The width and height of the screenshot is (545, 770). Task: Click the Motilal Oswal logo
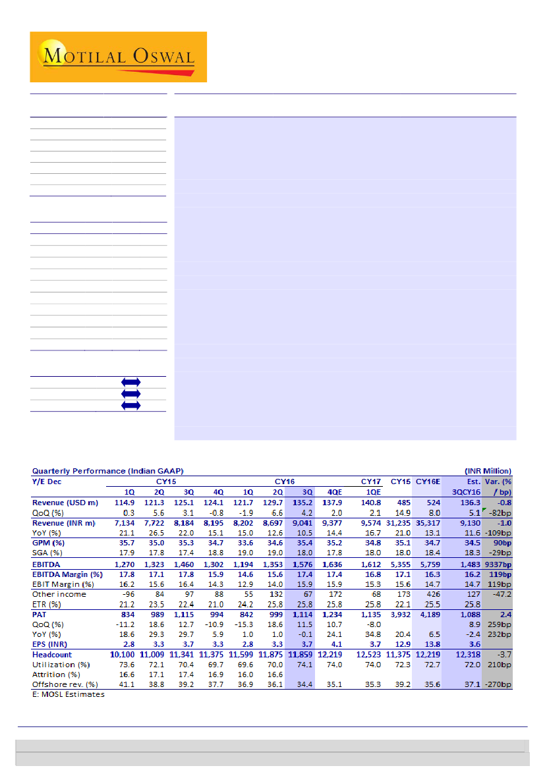tap(119, 57)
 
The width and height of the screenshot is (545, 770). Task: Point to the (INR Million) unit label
tap(487, 471)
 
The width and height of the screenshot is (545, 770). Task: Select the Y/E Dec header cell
tap(49, 481)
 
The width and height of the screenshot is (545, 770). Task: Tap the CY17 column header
tap(374, 481)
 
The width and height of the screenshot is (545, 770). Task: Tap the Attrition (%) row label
tap(57, 674)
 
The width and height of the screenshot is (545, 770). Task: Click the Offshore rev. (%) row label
tap(65, 684)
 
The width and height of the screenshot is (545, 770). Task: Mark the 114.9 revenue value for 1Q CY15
tap(125, 503)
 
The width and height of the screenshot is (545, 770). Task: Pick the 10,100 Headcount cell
tap(122, 655)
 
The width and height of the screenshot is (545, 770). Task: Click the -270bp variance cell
tap(499, 684)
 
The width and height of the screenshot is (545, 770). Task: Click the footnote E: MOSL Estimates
tap(69, 694)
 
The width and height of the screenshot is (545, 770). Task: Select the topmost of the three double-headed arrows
tap(130, 382)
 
